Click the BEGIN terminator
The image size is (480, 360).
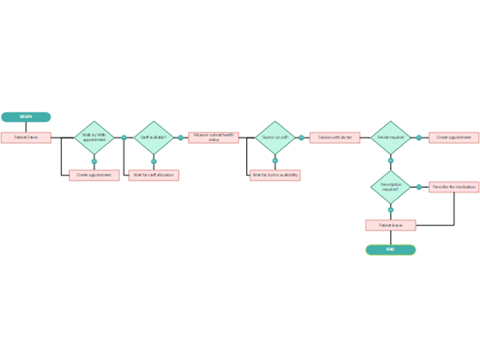pos(26,116)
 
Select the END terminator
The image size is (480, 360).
pos(390,250)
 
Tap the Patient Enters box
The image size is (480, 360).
pos(26,138)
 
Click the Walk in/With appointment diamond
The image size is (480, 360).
pos(94,138)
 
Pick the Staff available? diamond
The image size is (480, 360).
pos(154,138)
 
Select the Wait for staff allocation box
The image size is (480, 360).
pos(154,175)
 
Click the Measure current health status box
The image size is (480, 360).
pos(214,138)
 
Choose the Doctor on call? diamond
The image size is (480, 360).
pos(274,138)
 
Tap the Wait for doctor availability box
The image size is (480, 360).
pos(274,175)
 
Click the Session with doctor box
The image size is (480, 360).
pos(335,138)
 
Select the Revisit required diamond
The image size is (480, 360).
pos(390,138)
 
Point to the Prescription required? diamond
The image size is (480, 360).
pos(390,187)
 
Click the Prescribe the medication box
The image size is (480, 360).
pos(454,187)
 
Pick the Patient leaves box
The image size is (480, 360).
pos(390,225)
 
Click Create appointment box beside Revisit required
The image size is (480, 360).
pos(454,138)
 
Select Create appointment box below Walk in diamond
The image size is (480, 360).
pos(94,175)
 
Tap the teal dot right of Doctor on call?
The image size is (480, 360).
pos(301,138)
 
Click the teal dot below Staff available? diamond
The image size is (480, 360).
pos(154,161)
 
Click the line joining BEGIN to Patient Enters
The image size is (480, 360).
pos(26,127)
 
